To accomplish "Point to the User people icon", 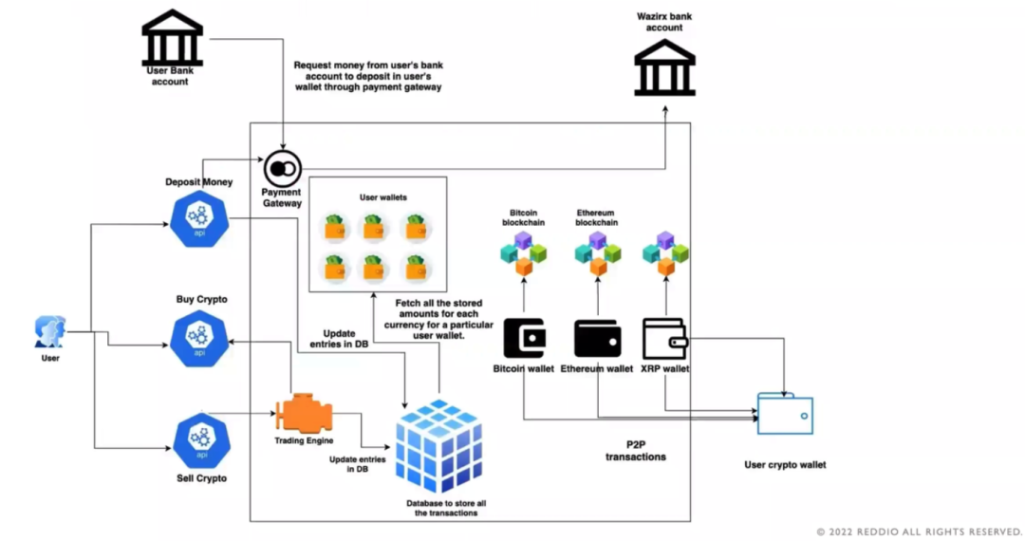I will tap(49, 332).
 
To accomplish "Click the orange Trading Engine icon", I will tap(304, 415).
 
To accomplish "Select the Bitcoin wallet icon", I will tap(523, 338).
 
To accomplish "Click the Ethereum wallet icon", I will tap(597, 338).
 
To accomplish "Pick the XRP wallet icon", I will tap(665, 338).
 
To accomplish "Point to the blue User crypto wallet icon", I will tap(785, 415).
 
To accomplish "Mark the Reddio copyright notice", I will tap(919, 532).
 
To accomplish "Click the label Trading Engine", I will tap(303, 440).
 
